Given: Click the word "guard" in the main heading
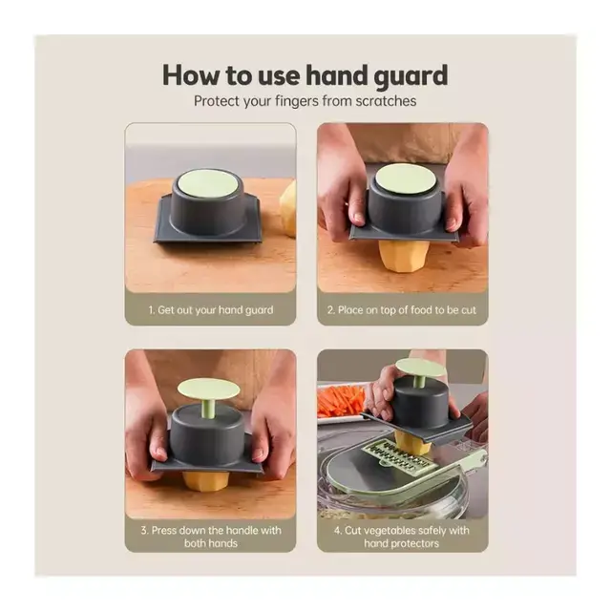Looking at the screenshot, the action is click(411, 76).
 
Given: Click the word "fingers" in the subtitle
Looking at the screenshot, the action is click(297, 101).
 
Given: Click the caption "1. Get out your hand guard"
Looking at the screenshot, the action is click(211, 310).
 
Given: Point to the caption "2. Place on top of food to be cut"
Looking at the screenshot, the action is click(402, 310).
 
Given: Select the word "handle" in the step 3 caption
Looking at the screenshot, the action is click(239, 531).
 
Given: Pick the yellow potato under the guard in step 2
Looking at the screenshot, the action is click(403, 256).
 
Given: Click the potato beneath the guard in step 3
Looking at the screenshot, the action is click(205, 481).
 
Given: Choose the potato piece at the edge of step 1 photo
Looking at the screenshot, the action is click(288, 209).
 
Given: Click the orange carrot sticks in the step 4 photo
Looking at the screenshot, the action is click(341, 401).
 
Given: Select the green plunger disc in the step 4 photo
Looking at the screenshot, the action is click(420, 368).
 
